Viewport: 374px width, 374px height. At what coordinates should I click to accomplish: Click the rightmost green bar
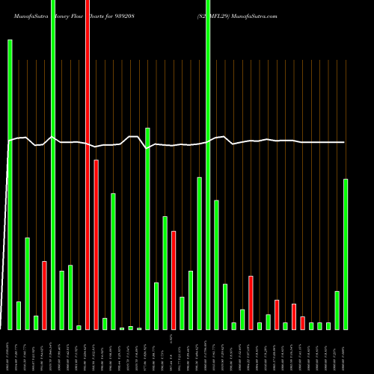(346, 254)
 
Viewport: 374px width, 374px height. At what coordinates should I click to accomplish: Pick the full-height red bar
(88, 165)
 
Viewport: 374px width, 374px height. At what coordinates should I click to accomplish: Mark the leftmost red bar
(44, 295)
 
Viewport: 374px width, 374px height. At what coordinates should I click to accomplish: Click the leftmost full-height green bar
(53, 165)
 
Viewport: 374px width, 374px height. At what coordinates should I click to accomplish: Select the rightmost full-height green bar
(208, 165)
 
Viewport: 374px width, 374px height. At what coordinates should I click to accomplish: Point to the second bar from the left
(19, 315)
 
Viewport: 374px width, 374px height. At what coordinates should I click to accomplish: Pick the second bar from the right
(337, 310)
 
